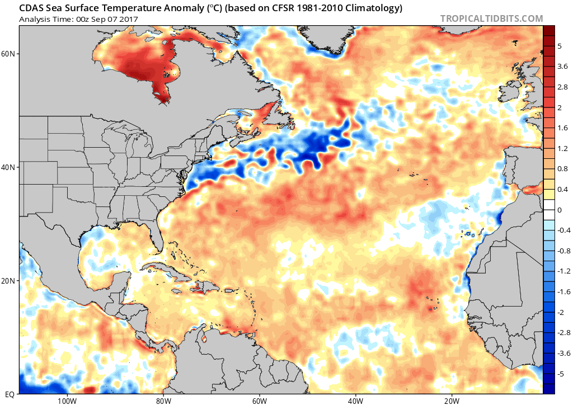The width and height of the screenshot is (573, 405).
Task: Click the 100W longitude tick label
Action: click(66, 400)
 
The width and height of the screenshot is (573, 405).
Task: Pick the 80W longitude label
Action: click(163, 400)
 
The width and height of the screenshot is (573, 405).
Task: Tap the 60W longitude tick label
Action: click(259, 400)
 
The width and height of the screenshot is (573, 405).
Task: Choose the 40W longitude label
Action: click(355, 400)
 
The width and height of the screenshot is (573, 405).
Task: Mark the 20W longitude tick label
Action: click(452, 400)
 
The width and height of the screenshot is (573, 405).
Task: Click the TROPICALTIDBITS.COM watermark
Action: click(491, 18)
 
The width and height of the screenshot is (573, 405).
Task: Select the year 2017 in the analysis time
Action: click(128, 19)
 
